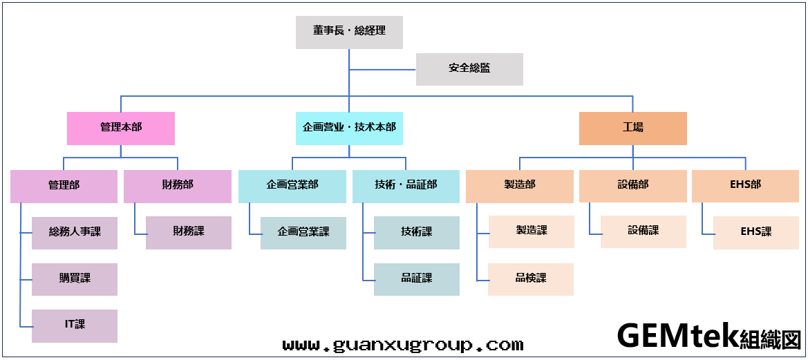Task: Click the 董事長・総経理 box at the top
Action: point(349,32)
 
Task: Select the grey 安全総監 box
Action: point(469,68)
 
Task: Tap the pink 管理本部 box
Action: point(121,128)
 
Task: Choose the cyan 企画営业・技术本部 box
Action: point(349,128)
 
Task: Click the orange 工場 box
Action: point(632,128)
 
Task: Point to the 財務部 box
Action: point(178,186)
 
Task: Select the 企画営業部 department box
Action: point(292,186)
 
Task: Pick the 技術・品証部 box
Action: point(406,186)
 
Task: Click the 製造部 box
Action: point(520,186)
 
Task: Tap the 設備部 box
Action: point(632,186)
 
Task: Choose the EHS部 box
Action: point(745,186)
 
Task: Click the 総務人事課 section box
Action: point(75,232)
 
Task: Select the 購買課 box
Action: point(75,278)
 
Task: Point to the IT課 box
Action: point(75,325)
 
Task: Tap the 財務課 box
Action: point(189,232)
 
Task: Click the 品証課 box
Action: point(417,278)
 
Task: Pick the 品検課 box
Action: point(531,278)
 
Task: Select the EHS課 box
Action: point(756,232)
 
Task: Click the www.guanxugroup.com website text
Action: point(403,344)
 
